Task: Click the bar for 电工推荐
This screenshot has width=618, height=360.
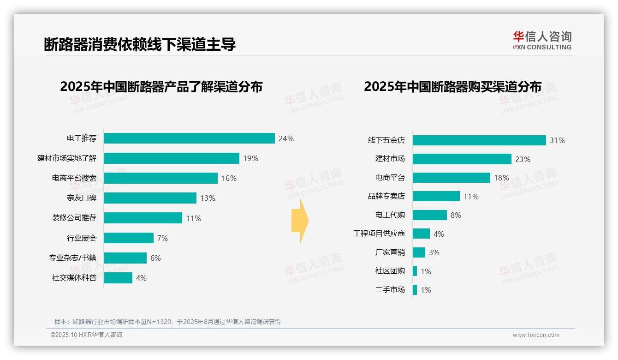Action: point(189,138)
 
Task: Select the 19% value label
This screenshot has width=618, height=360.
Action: point(250,158)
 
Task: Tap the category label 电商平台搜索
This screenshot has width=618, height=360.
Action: point(74,178)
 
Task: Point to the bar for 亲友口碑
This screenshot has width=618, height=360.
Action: point(150,198)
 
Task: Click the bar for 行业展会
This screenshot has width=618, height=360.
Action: point(128,238)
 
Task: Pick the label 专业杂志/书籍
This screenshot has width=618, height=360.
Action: point(73,258)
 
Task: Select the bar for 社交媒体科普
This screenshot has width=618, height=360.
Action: point(118,278)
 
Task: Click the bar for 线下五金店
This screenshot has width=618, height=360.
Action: point(479,140)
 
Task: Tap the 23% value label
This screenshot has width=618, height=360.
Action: point(523,159)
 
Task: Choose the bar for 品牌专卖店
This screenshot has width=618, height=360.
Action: point(436,197)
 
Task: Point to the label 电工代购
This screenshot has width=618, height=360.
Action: point(390,215)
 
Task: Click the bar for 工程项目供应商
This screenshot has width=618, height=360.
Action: point(421,234)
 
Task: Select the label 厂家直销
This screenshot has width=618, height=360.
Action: point(390,252)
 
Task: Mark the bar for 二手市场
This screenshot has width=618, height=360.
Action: point(415,290)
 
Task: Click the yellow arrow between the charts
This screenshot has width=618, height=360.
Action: point(300,221)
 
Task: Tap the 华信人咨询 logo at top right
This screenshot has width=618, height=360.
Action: point(542,40)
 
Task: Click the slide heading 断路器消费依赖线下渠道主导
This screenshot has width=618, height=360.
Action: point(140,44)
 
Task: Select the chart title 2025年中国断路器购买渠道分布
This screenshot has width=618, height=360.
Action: point(452,87)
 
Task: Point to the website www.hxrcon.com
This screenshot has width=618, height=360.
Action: point(535,335)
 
